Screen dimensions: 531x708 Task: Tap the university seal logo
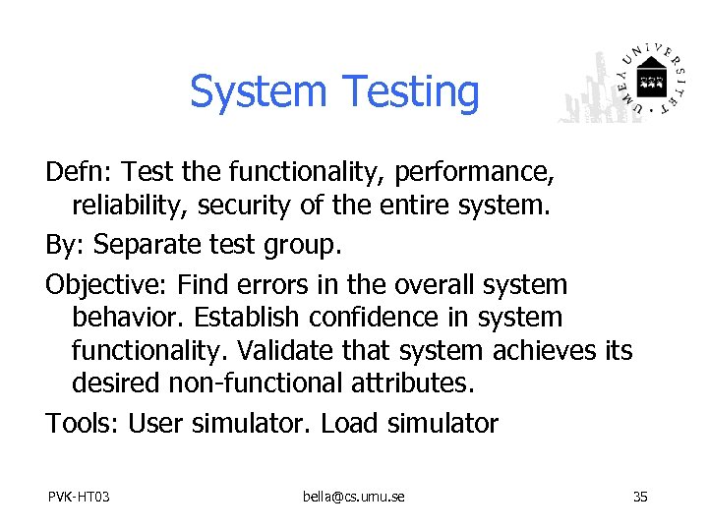click(x=650, y=80)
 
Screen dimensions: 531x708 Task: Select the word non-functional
click(x=248, y=383)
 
